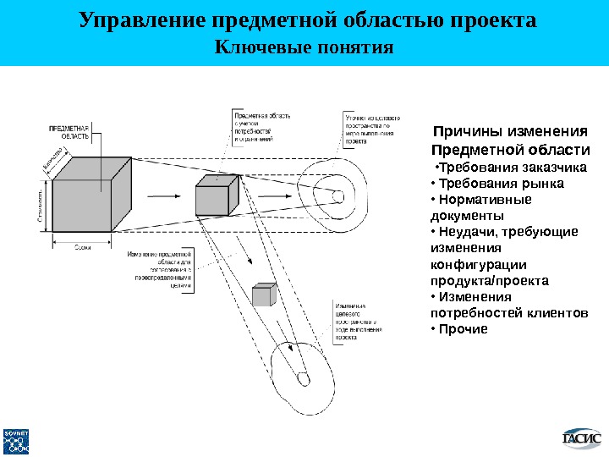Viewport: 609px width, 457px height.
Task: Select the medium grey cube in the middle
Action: pos(213,197)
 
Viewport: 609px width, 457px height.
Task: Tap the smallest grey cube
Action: pos(263,295)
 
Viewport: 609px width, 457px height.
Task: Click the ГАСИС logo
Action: pos(582,438)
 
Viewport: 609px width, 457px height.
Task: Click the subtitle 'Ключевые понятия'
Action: pos(305,47)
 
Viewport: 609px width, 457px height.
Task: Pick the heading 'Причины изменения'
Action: pos(509,131)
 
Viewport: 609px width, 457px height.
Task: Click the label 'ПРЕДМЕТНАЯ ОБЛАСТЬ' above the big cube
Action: pos(69,130)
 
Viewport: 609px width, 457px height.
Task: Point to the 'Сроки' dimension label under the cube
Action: pos(83,246)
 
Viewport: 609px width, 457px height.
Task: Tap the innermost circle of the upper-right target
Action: pos(337,196)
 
